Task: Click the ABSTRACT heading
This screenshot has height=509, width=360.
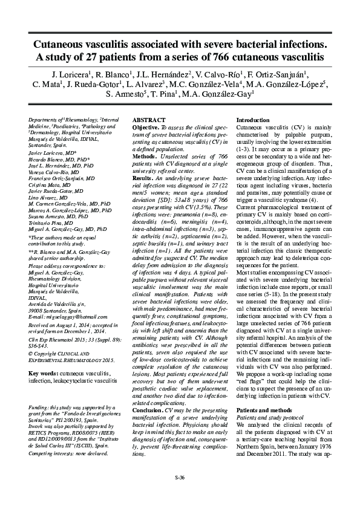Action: pos(148,121)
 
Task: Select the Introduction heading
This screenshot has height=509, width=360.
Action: pos(254,121)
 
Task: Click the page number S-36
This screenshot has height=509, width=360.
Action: pos(180,478)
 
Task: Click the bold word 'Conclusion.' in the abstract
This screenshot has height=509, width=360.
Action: pos(146,409)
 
